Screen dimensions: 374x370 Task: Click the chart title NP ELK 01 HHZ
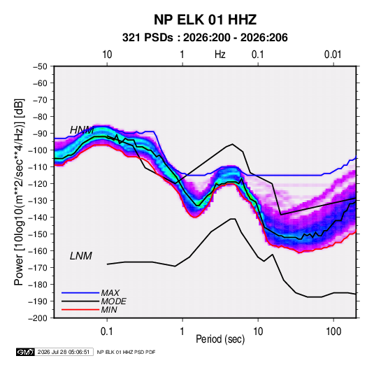(205, 20)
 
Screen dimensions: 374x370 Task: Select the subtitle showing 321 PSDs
(205, 38)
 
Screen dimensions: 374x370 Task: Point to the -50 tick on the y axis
(40, 66)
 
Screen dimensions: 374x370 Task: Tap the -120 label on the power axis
(38, 184)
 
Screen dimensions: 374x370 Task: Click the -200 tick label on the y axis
(38, 318)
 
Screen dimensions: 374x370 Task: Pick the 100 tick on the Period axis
(333, 332)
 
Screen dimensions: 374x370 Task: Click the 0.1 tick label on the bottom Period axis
(107, 332)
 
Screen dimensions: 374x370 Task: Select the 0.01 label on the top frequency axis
(333, 55)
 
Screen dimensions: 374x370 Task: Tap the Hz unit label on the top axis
(220, 55)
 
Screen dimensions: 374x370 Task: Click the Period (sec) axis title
(220, 339)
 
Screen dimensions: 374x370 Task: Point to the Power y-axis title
(19, 192)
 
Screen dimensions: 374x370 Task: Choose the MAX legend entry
(91, 293)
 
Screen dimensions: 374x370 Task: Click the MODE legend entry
(94, 301)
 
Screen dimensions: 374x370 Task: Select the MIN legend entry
(89, 310)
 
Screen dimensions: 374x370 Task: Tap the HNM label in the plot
(82, 130)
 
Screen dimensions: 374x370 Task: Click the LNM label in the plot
(80, 256)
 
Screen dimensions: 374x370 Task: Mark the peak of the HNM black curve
(232, 144)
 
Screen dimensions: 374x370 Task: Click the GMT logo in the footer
(26, 352)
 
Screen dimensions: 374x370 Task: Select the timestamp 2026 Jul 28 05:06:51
(64, 352)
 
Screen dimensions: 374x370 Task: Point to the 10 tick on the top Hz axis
(107, 55)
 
